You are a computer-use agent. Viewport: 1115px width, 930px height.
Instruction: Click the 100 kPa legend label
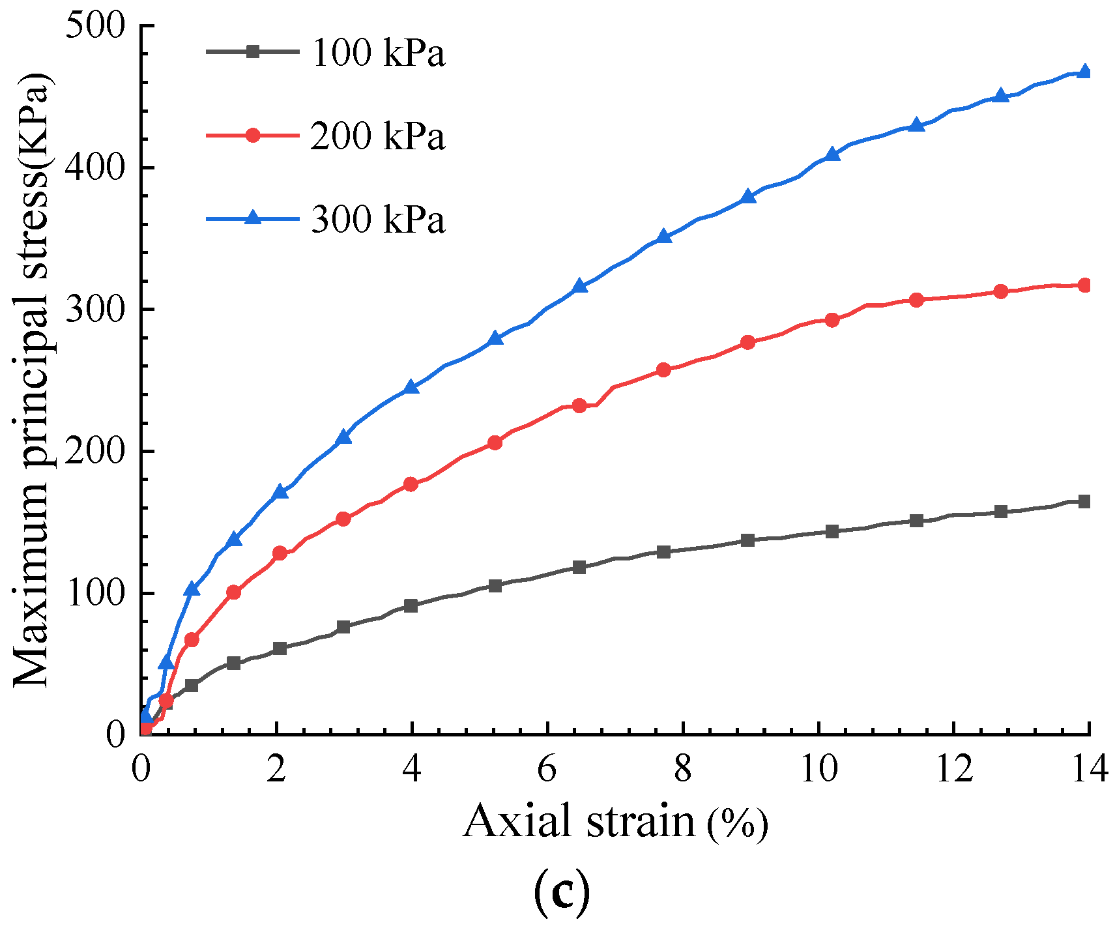pos(377,53)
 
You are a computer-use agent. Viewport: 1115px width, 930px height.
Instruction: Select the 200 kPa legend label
pos(377,136)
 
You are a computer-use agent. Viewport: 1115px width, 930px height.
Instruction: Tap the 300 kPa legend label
pos(377,220)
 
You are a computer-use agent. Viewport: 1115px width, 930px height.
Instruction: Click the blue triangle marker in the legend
pos(253,218)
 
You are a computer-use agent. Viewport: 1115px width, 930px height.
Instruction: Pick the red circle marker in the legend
pos(253,135)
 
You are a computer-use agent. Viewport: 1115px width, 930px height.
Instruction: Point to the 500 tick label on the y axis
pos(96,27)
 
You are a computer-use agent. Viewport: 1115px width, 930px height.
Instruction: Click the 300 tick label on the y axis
pos(96,310)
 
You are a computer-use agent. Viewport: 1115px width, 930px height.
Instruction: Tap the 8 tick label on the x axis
pos(682,770)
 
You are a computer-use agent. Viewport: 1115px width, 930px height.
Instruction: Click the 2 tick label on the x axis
pos(276,770)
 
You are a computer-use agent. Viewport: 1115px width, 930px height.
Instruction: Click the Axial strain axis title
pos(615,822)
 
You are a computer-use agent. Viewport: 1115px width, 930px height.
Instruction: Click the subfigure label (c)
pos(562,894)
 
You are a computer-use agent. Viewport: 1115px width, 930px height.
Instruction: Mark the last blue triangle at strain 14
pos(1084,71)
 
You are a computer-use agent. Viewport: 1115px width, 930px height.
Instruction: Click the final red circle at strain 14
pos(1084,285)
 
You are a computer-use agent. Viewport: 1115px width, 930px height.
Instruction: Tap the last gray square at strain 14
pos(1084,501)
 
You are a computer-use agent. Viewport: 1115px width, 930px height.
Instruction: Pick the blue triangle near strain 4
pos(411,387)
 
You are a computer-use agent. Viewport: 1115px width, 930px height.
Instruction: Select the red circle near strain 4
pos(411,484)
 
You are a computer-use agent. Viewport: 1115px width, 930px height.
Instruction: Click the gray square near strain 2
pos(280,648)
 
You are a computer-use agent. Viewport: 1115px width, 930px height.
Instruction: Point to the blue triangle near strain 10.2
pos(832,154)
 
